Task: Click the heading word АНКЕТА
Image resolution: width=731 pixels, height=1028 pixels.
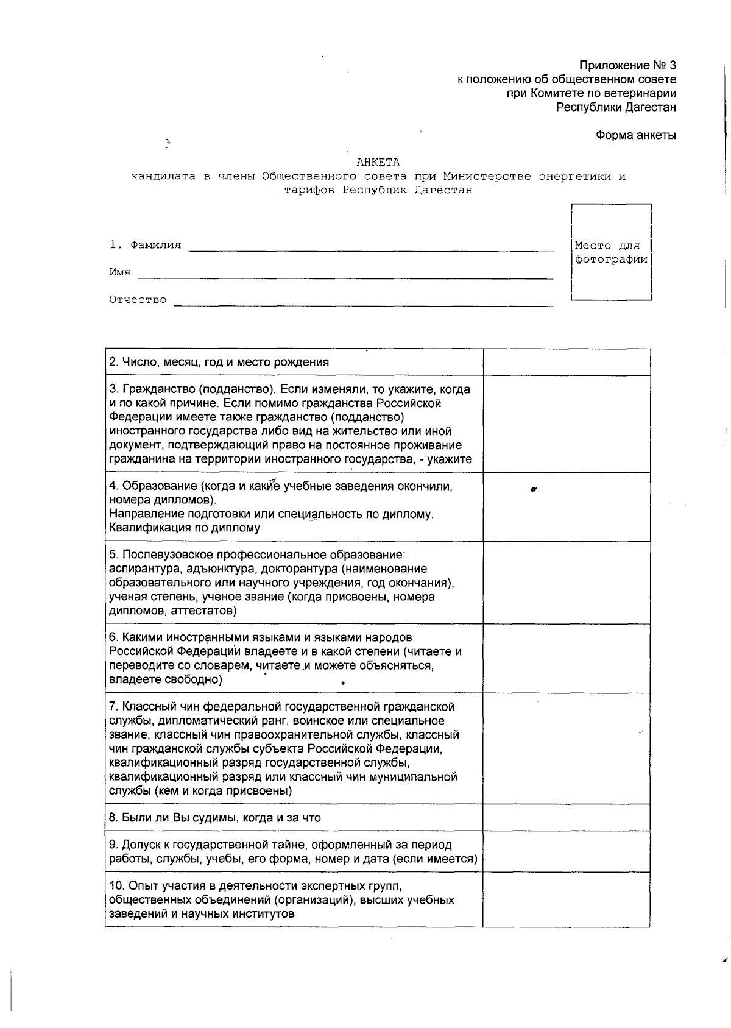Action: tap(378, 162)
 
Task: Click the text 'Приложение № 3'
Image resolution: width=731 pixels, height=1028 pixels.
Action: tap(627, 65)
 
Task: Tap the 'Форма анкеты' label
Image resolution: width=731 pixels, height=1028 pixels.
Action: tap(635, 135)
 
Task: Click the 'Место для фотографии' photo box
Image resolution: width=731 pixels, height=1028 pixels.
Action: tap(611, 252)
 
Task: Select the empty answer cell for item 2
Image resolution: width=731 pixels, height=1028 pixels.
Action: tap(566, 362)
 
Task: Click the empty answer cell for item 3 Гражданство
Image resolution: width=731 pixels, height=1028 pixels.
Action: tap(566, 424)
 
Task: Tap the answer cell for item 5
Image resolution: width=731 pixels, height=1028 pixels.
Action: tap(566, 583)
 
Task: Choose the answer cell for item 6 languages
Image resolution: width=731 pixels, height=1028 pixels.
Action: tap(566, 658)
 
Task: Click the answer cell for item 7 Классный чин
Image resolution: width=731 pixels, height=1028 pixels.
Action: tap(566, 748)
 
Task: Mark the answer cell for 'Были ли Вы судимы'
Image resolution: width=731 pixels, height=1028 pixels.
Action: tap(566, 818)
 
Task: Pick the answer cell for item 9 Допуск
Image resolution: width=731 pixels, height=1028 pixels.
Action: tap(566, 851)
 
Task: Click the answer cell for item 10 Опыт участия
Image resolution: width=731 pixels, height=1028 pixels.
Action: tap(566, 899)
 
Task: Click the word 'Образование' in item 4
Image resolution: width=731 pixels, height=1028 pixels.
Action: tap(160, 486)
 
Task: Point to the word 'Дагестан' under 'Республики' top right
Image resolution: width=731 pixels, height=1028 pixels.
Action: tap(651, 107)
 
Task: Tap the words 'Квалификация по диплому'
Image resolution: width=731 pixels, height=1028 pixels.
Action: tap(185, 528)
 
